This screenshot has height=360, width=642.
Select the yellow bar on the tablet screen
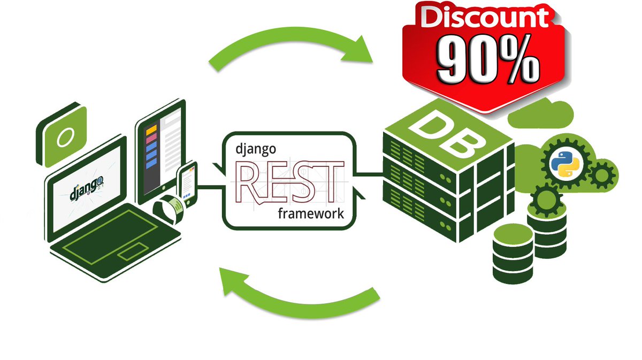pos(151,129)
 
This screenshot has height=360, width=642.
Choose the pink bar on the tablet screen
pos(151,138)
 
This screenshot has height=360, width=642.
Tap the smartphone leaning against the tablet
pos(187,182)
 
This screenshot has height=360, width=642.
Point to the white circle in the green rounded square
pos(64,137)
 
